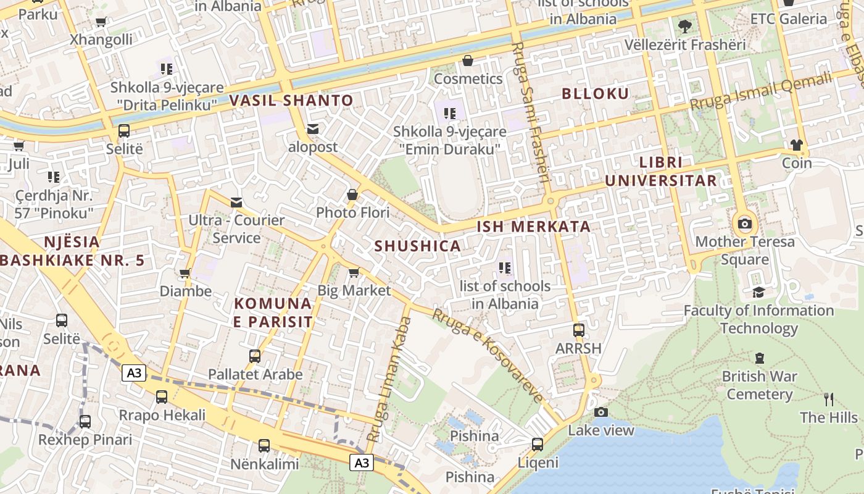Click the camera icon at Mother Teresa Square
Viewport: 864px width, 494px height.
(x=745, y=224)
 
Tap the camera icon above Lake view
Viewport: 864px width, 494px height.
(x=601, y=412)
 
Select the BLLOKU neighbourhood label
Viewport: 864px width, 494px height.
(x=596, y=94)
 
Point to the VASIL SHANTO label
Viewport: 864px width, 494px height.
(x=291, y=100)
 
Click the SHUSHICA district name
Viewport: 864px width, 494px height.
(x=418, y=246)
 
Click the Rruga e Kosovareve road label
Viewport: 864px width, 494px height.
(x=488, y=354)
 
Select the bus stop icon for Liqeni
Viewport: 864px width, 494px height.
(x=538, y=444)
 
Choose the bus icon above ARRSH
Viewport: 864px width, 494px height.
(x=578, y=330)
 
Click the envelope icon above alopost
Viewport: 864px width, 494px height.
(x=313, y=128)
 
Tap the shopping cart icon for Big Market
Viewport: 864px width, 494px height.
(x=354, y=272)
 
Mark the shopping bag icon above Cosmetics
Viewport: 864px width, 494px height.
(x=468, y=61)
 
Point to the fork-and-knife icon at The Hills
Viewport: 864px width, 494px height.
(x=829, y=399)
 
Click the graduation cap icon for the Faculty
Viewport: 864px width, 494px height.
(x=758, y=292)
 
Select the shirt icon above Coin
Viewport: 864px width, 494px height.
(x=797, y=144)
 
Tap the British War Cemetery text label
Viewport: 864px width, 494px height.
(x=759, y=385)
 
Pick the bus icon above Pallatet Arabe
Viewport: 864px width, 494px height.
(x=255, y=356)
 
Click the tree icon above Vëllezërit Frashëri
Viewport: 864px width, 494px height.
(x=684, y=26)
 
